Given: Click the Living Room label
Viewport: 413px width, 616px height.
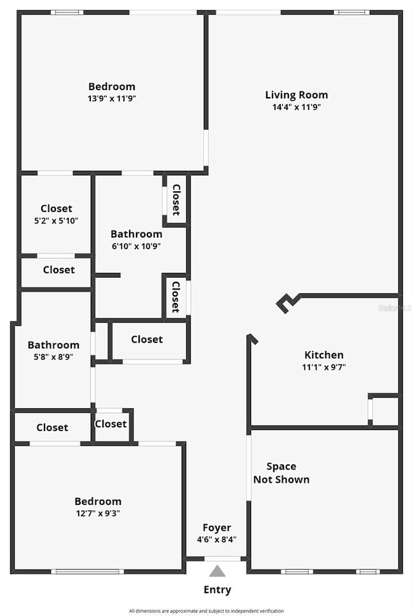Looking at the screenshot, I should pos(296,95).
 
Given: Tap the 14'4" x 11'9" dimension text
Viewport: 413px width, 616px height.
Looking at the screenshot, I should pos(296,107).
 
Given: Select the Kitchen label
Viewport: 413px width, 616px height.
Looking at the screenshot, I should pos(324,355).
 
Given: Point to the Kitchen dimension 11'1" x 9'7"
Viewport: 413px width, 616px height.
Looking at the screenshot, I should pos(324,367).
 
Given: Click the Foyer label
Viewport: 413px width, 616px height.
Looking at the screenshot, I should pos(217,528).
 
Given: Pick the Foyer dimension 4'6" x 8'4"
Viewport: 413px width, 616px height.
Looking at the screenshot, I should pos(217,540).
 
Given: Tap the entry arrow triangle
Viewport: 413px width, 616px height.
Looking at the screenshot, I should pos(217,570).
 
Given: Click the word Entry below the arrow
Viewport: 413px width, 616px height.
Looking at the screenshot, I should pos(217,590).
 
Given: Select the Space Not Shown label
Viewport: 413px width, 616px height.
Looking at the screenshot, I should pos(281,473).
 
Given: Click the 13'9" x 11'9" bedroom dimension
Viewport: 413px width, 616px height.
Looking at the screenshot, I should pos(112,98).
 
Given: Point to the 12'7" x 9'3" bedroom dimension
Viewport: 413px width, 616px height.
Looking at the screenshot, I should pos(98,513).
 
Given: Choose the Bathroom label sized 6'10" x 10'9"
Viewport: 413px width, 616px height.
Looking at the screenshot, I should pos(136,234).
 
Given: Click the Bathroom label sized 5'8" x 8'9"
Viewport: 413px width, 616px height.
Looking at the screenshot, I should pos(53,345).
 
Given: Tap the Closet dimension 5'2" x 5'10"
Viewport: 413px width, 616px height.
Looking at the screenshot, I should pos(57,220).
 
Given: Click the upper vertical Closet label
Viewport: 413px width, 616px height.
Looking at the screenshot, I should pos(177,199).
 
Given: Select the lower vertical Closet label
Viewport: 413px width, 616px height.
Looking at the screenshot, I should pos(176,297).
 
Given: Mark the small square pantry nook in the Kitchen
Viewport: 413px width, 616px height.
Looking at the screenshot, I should pos(385,411).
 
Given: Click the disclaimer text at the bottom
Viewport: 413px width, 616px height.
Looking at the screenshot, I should pos(207,611).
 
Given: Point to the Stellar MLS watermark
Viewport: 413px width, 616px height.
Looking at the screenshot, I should pos(395,308).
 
